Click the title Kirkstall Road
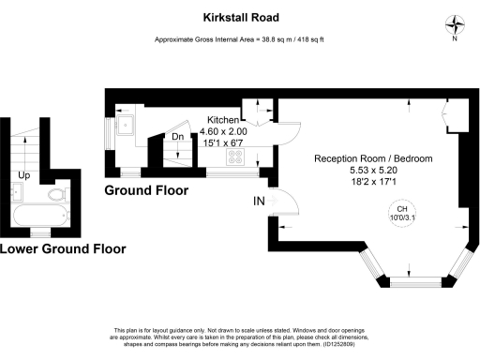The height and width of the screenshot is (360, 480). point(240,16)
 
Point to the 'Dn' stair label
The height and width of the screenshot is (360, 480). point(177,137)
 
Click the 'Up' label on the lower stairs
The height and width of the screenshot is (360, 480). point(23,175)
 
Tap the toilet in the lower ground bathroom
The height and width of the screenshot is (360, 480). point(57,195)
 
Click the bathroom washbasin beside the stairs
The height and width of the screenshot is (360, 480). point(16,192)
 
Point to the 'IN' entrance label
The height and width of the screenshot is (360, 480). point(259,201)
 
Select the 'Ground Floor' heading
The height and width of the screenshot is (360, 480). point(145,190)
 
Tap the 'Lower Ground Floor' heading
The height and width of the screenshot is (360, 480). point(62,249)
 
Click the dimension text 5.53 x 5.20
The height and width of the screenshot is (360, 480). point(373,172)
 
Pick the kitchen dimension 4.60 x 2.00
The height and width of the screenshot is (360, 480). point(223,132)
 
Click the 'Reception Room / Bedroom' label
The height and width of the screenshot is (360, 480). point(373,159)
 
